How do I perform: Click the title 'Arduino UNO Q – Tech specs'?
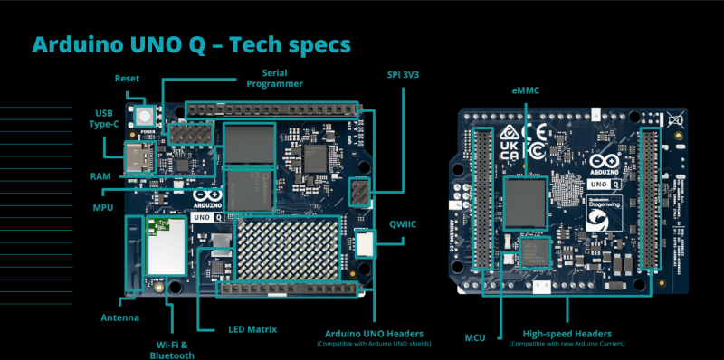pos(191,43)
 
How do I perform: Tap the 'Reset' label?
pos(127,79)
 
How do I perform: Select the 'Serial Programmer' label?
pos(281,78)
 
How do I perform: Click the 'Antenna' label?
pos(119,317)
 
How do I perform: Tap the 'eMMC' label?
pos(526,90)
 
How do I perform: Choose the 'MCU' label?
pos(474,337)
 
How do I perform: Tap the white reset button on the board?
pos(144,115)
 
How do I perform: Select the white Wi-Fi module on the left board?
pos(167,243)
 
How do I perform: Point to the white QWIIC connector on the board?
pos(365,242)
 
